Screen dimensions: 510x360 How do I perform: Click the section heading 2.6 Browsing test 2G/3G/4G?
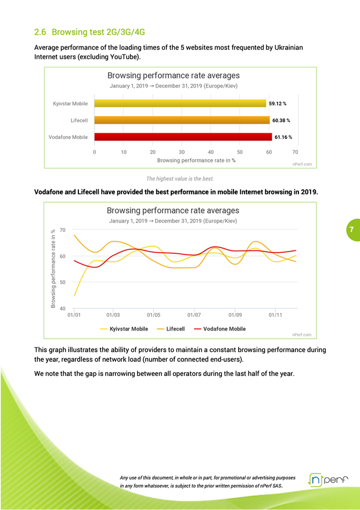click(x=89, y=31)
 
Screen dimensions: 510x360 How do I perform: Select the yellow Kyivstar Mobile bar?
click(x=180, y=103)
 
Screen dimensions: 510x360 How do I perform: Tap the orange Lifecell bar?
click(x=182, y=120)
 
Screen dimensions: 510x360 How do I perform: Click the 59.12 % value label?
click(x=278, y=103)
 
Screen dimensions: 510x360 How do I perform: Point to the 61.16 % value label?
click(x=283, y=137)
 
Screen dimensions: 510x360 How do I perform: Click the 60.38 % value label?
click(x=281, y=120)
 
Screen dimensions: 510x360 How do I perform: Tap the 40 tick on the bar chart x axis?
click(x=210, y=152)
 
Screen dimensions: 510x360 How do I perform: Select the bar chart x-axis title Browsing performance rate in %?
click(x=196, y=160)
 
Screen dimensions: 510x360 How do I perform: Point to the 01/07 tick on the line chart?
click(x=194, y=315)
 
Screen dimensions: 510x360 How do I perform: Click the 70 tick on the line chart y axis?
click(x=62, y=230)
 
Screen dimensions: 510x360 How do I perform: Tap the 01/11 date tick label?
click(x=275, y=315)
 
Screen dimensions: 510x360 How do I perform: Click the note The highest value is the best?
click(x=179, y=178)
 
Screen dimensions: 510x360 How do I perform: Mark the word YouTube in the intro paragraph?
click(x=124, y=57)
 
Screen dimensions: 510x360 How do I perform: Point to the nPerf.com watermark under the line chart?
click(x=301, y=335)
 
